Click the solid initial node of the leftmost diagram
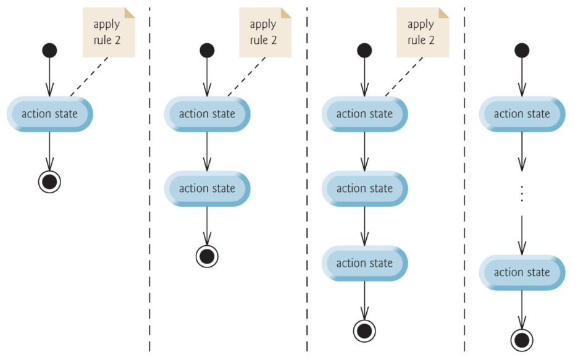click(x=49, y=50)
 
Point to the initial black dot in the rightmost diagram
click(x=522, y=50)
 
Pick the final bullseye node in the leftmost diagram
click(x=49, y=182)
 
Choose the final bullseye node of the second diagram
click(x=207, y=256)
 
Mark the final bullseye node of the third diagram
click(x=364, y=330)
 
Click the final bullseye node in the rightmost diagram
click(x=522, y=340)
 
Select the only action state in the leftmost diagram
click(x=49, y=114)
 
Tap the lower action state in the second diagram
click(x=207, y=188)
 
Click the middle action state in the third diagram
click(x=364, y=188)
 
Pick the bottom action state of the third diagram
click(x=364, y=263)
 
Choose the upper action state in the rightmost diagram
click(x=522, y=114)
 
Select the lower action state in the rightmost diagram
click(x=522, y=272)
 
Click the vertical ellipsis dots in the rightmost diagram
click(x=522, y=193)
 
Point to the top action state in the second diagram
click(x=207, y=114)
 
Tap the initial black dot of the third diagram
click(x=364, y=50)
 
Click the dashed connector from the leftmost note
click(x=90, y=77)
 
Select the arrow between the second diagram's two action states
click(x=207, y=151)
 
